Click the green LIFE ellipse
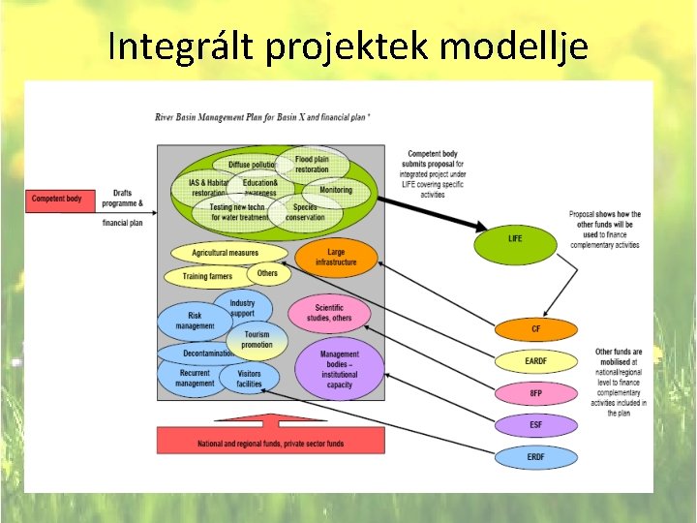[x=515, y=238]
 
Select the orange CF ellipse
[x=535, y=328]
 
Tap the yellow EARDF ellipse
[x=535, y=361]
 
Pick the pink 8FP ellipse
[x=535, y=393]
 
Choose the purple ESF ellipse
[x=535, y=424]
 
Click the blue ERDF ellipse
[x=535, y=456]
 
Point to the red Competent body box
[x=57, y=200]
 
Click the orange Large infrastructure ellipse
[x=335, y=257]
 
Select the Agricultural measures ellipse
[x=227, y=253]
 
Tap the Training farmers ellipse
[x=207, y=277]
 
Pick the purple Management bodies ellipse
[x=339, y=369]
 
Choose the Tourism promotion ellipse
[x=257, y=340]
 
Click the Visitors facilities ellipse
[x=249, y=378]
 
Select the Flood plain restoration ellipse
[x=312, y=164]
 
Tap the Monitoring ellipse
[x=336, y=190]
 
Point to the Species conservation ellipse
[x=305, y=212]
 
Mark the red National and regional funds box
[x=270, y=444]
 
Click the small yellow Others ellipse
[x=267, y=273]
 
